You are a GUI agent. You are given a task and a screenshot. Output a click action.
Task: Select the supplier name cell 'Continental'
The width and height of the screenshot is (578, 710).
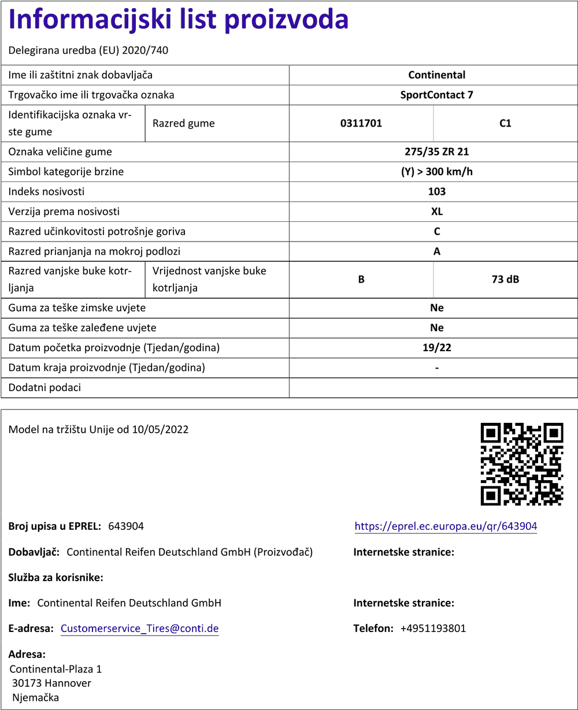436,75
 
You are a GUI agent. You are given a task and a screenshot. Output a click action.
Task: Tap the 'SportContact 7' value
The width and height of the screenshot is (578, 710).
436,95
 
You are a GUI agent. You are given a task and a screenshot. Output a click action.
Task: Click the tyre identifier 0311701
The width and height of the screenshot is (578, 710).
361,123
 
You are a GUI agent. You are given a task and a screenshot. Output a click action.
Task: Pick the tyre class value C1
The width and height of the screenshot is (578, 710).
505,123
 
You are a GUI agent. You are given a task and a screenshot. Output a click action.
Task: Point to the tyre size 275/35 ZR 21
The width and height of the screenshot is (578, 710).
436,152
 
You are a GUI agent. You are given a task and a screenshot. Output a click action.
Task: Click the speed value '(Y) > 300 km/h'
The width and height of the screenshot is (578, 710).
436,172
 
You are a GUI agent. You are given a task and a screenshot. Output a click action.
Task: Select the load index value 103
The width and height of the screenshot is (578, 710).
436,192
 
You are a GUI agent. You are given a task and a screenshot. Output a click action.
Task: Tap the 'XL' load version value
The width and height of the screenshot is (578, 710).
436,211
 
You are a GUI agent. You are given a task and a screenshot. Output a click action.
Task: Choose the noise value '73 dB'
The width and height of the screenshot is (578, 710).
505,280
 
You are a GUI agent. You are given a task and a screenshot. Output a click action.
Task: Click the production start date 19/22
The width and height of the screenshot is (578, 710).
436,348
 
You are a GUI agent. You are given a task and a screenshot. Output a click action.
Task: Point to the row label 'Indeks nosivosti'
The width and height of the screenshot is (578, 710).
46,192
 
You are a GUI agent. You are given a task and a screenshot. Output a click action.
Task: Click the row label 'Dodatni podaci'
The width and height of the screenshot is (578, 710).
45,388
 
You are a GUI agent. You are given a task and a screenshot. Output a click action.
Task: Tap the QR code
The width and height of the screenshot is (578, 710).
522,464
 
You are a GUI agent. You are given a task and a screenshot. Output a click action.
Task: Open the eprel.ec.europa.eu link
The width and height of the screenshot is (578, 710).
446,526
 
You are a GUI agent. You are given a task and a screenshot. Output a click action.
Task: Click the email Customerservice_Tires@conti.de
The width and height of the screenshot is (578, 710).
139,629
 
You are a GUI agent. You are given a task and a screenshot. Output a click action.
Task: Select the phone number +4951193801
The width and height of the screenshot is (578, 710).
433,629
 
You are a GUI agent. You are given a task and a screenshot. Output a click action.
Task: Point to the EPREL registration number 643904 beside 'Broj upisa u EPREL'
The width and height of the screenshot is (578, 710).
126,526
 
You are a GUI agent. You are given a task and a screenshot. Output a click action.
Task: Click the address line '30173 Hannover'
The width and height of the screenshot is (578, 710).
51,683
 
